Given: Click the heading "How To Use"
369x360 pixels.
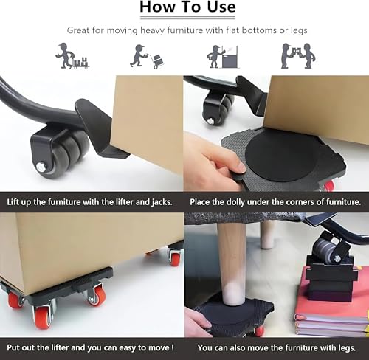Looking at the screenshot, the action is point(187,7).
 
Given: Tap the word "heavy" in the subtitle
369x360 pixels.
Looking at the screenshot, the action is point(152,30).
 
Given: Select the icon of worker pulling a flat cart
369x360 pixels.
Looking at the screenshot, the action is point(72,56).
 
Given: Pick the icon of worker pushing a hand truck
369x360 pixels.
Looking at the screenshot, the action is point(147,57).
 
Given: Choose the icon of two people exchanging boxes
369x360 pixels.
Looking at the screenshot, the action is point(299,55).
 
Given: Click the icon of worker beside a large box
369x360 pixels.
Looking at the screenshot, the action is point(223,57).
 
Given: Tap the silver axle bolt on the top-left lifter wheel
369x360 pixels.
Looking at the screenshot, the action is point(41,167).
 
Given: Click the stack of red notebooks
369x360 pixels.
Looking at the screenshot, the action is point(332,310).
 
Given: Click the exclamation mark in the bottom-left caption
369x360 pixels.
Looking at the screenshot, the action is point(173,347).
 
